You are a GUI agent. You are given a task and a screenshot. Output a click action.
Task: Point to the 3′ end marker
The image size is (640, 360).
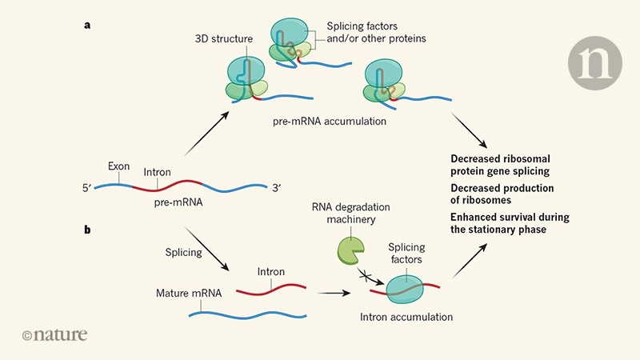click(276, 189)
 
